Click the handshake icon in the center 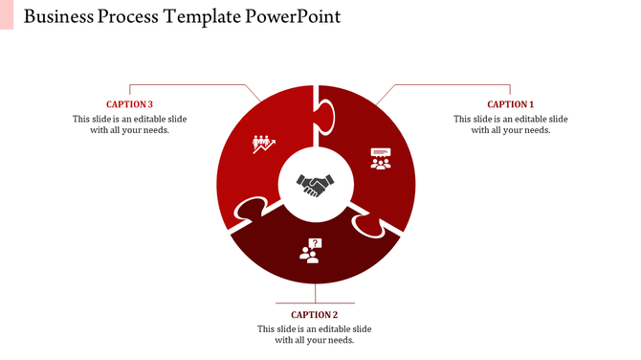point(315,184)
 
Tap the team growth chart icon point(263,144)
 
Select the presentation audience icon point(381,158)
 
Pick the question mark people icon point(310,251)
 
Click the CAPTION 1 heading point(510,104)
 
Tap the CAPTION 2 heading point(315,314)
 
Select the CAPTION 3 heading point(129,104)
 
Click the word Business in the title point(58,17)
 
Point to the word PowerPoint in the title point(293,17)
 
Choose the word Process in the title point(132,17)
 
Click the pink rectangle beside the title point(7,14)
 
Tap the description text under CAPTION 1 point(510,124)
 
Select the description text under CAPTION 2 point(315,334)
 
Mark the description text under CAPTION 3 point(129,124)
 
